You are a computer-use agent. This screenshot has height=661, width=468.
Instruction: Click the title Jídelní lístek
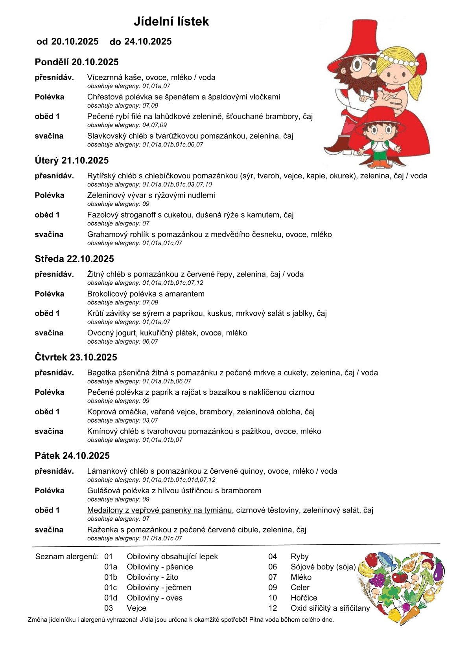pos(171,21)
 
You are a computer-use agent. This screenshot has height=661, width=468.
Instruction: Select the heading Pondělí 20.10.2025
pos(77,62)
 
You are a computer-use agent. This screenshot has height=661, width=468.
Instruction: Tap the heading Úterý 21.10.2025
pos(72,160)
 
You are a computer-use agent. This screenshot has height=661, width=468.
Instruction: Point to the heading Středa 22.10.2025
pos(74,259)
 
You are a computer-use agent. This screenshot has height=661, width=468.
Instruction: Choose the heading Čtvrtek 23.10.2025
pos(76,357)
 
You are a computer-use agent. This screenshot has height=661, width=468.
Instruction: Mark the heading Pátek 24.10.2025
pos(72,456)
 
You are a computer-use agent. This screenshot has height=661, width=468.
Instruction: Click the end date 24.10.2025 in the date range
pos(148,42)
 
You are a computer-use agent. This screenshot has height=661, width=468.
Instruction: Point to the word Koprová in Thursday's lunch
pos(101,412)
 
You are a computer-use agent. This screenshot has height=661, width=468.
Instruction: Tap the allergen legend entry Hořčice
pos(304,598)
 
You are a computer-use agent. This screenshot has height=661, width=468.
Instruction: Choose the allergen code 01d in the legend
pos(111,598)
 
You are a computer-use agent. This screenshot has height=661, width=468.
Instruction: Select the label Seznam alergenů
pos(67,557)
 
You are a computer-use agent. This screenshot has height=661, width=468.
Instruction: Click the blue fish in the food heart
pos(387,558)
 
